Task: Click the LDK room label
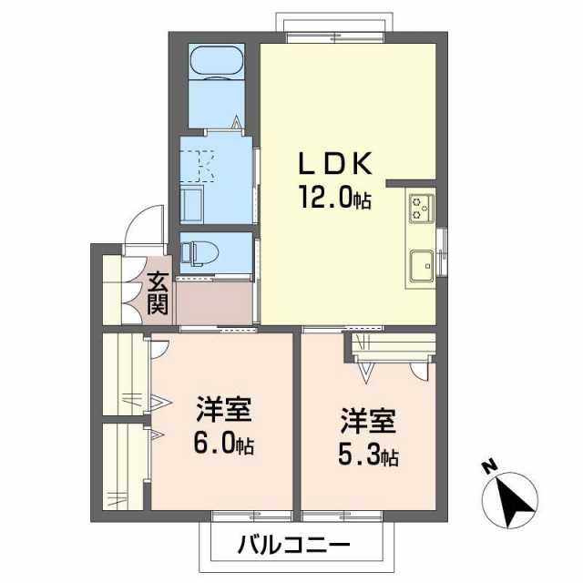334,165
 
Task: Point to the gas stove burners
421,207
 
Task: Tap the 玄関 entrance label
159,293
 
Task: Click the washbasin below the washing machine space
194,204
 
